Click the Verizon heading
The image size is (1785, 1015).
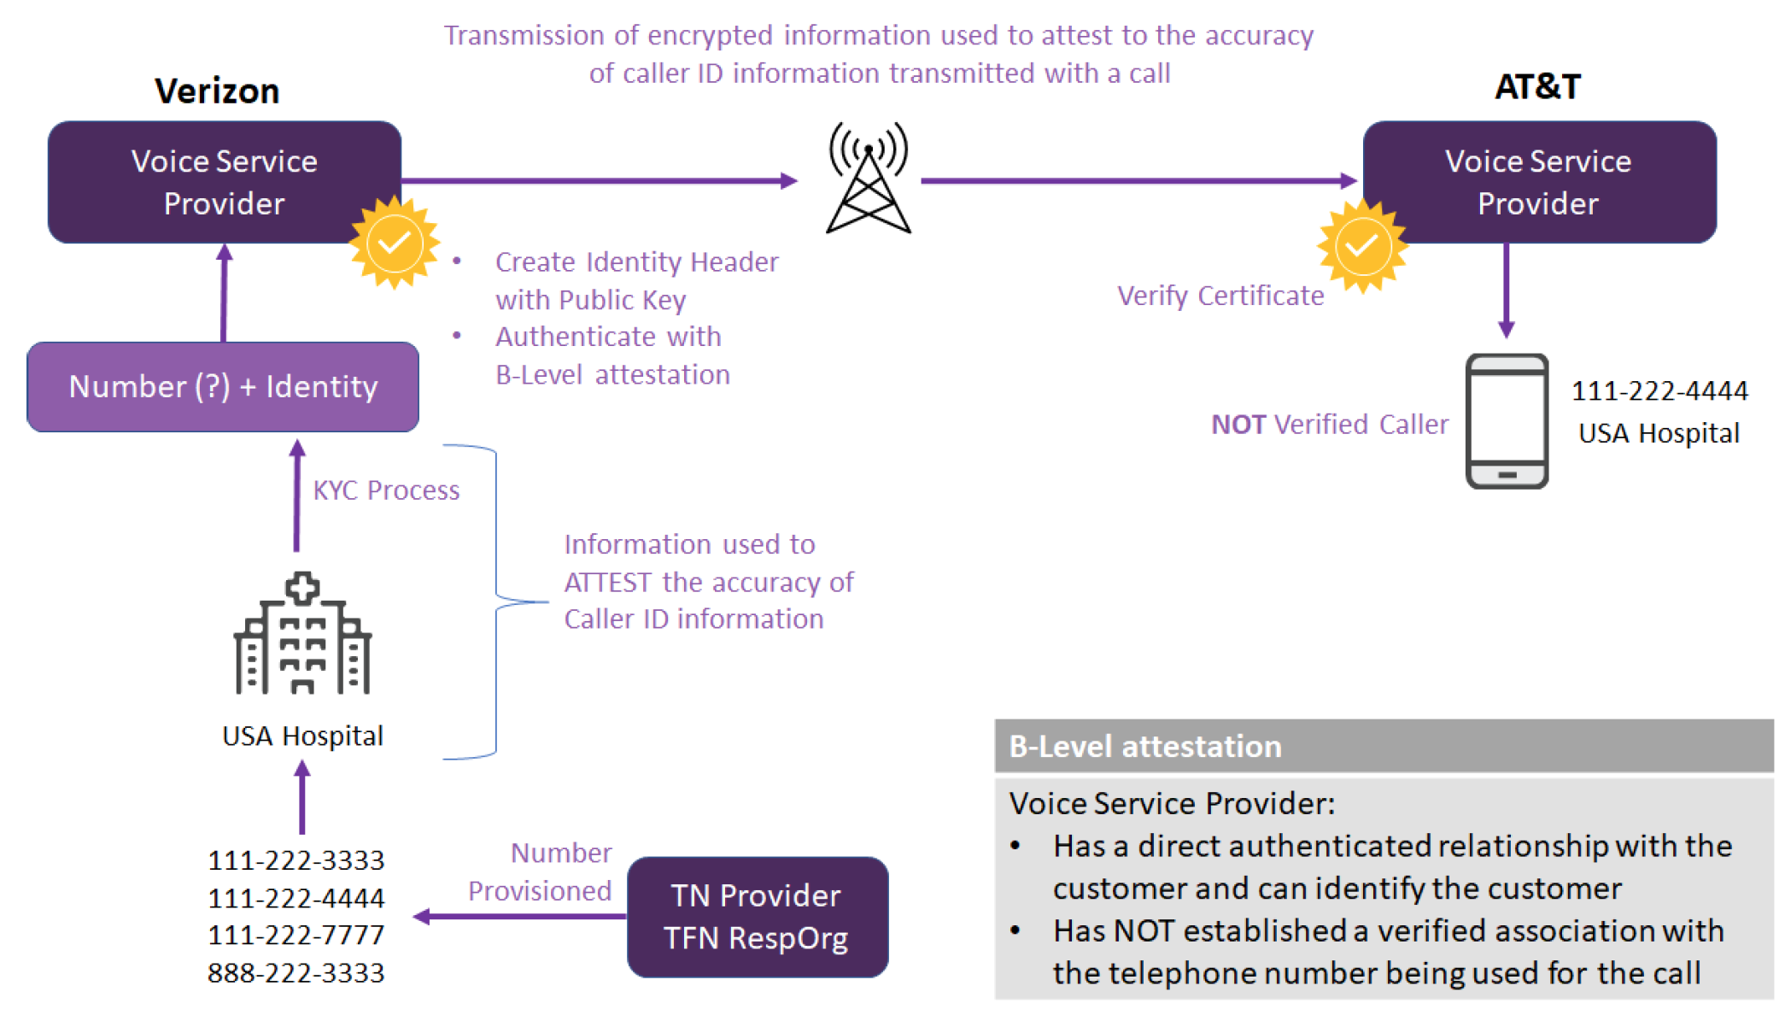[x=217, y=91]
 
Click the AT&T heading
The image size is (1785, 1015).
[x=1537, y=87]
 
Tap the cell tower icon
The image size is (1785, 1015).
[x=869, y=179]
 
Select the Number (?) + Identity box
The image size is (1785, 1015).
[x=223, y=387]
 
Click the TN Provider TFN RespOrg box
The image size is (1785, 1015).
[x=757, y=917]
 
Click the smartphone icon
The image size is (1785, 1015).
[x=1507, y=421]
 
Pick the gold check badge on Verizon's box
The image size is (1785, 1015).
[x=394, y=243]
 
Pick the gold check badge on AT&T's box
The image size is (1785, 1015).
[x=1361, y=247]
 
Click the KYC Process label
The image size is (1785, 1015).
[x=386, y=490]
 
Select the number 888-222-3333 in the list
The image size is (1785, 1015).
[x=296, y=973]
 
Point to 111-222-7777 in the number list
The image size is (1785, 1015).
[x=296, y=936]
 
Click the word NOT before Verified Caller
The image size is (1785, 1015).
[x=1238, y=425]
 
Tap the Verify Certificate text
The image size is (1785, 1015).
[x=1220, y=296]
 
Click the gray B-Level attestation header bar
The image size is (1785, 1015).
[x=1384, y=746]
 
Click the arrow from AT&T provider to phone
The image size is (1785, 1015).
[x=1506, y=290]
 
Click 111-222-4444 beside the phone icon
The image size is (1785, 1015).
[x=1659, y=391]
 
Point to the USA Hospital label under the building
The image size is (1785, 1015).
[x=302, y=736]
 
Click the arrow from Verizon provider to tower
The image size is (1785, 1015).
[x=598, y=180]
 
